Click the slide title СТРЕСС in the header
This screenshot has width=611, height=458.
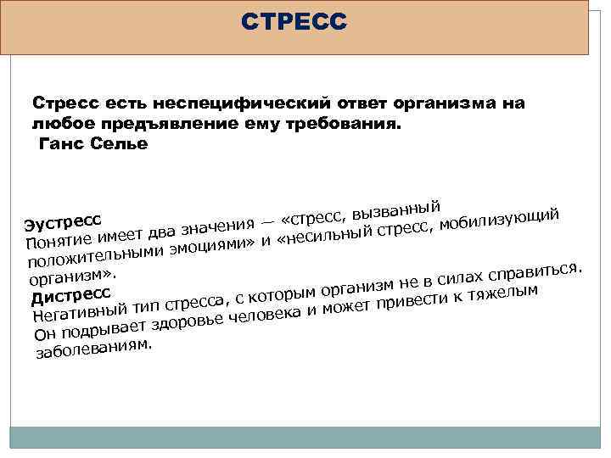(294, 20)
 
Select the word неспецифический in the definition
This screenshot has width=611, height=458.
(217, 103)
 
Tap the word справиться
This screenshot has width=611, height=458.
(536, 272)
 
